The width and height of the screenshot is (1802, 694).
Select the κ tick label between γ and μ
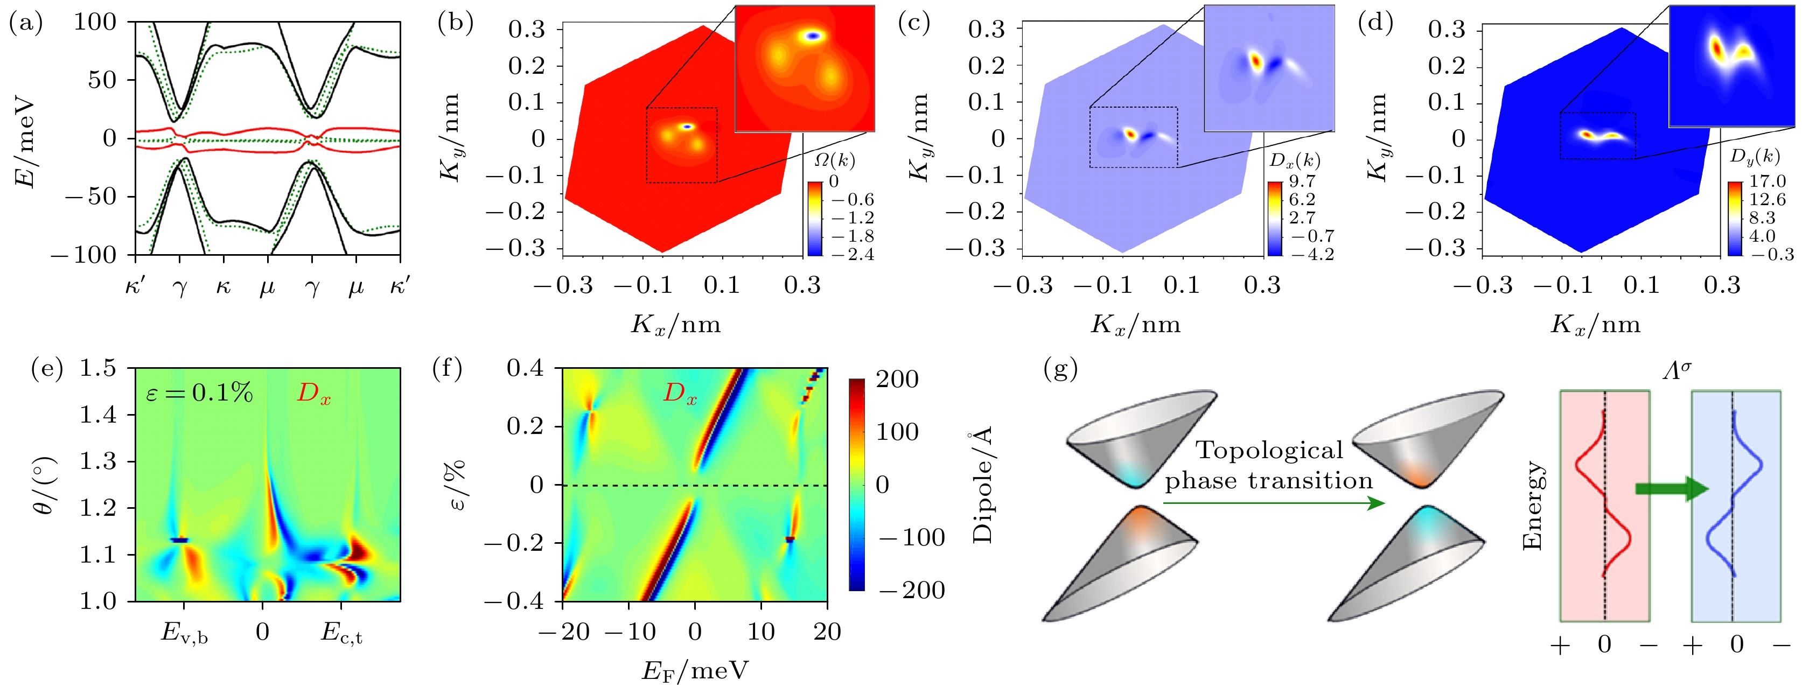(x=223, y=286)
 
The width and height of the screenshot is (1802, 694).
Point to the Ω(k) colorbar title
(x=835, y=160)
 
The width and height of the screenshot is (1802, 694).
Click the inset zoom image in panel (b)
(x=805, y=68)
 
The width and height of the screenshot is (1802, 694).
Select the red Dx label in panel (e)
(x=313, y=394)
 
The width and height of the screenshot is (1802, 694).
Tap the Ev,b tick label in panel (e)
(x=184, y=633)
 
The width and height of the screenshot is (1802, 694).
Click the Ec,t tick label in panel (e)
(x=341, y=633)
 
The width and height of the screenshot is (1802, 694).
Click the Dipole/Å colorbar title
(x=983, y=487)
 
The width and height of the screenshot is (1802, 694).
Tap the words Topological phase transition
(x=1269, y=465)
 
